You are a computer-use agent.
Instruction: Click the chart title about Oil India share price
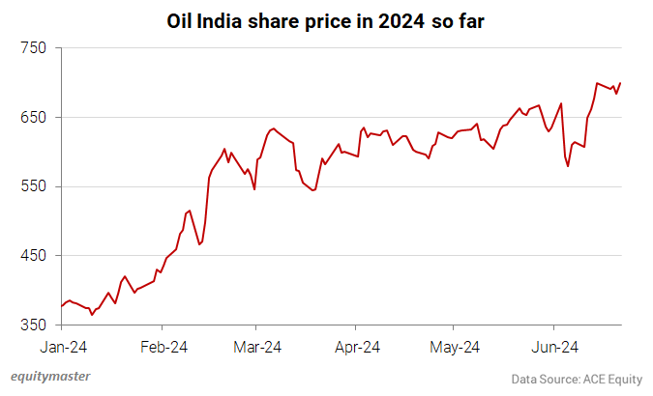[325, 20]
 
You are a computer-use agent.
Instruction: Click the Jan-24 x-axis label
[62, 347]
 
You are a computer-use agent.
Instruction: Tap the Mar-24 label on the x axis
[258, 347]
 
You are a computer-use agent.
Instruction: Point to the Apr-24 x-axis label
[356, 347]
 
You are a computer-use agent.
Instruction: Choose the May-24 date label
[455, 347]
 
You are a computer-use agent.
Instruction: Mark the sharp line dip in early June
[568, 166]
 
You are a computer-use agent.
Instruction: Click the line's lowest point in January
[92, 315]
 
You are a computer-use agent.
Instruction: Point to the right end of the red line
[620, 83]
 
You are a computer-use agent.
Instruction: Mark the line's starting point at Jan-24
[62, 306]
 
